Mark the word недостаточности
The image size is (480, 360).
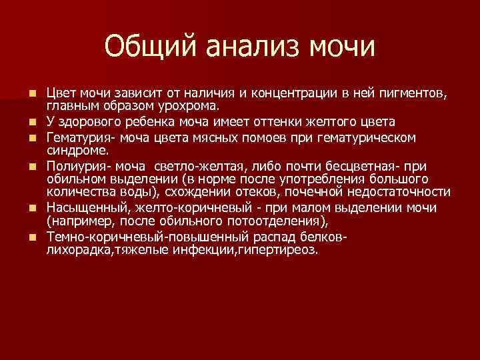point(400,193)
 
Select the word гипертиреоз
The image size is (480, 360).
point(285,250)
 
